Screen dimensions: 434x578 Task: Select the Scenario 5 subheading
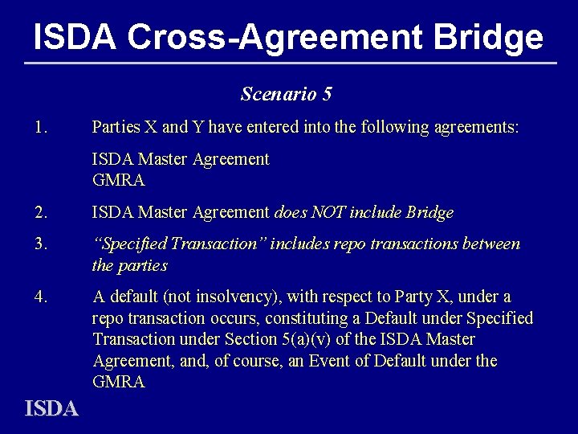287,94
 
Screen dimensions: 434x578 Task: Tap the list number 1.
42,127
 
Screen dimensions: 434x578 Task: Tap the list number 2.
42,213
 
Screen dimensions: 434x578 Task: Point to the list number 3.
42,244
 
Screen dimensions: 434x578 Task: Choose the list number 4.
42,297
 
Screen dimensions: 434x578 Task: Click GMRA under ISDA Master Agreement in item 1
118,181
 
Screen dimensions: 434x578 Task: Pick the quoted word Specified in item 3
133,244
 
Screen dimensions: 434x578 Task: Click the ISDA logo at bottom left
51,409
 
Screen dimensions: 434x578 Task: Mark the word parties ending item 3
142,265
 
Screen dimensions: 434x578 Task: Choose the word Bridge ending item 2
430,213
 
